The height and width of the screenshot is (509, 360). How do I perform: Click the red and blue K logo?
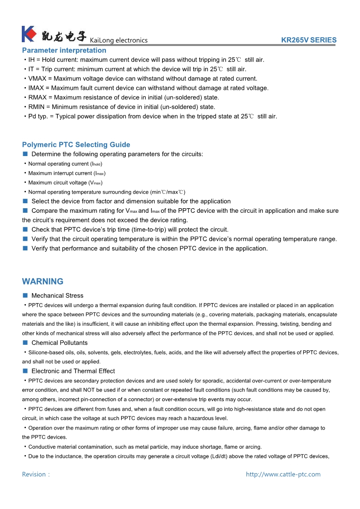(29, 34)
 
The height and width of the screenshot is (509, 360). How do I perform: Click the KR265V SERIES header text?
(309, 40)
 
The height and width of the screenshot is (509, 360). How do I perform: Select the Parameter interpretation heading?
(64, 50)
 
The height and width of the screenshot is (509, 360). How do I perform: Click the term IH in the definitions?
(31, 60)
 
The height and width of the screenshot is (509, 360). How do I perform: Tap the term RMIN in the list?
(36, 107)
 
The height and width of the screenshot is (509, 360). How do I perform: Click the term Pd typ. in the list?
(38, 117)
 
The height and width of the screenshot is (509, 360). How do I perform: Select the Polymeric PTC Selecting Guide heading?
(76, 145)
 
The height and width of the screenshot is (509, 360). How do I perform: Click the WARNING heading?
(43, 281)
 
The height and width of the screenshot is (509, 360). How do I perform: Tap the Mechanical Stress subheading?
(57, 296)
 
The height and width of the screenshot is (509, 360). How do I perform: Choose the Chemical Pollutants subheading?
(59, 343)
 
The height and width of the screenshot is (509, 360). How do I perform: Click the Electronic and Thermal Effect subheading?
(73, 371)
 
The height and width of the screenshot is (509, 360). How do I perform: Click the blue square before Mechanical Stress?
(25, 296)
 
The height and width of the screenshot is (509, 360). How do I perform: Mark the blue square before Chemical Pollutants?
(25, 343)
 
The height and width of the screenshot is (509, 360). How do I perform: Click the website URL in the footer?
(283, 475)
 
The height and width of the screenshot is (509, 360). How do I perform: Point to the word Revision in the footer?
(34, 475)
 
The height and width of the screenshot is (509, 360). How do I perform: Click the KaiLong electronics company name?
(119, 40)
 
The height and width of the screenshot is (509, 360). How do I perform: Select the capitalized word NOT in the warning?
(105, 390)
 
